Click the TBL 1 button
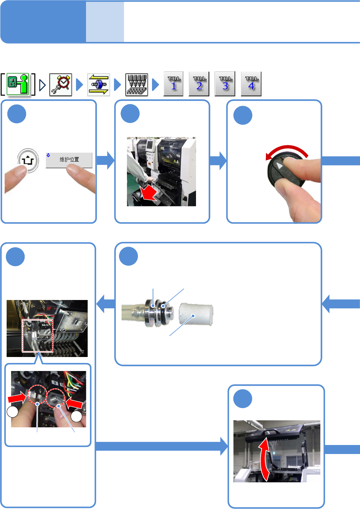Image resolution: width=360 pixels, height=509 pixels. point(173,84)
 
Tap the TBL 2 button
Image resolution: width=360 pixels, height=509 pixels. point(199,84)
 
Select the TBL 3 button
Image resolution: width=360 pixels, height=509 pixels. point(225,84)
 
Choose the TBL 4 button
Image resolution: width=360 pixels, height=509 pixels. point(251,84)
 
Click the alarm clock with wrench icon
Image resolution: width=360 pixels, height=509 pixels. point(61,85)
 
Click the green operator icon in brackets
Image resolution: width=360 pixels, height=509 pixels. point(18,85)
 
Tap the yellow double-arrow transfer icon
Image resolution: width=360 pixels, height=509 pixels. point(99,85)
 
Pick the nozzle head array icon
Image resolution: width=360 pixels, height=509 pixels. point(137,85)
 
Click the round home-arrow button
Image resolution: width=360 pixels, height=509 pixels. point(28,160)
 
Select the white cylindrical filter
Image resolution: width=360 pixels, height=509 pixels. point(196,314)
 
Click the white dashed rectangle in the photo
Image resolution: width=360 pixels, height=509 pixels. point(38,336)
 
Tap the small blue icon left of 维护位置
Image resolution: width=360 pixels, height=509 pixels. point(48,155)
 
